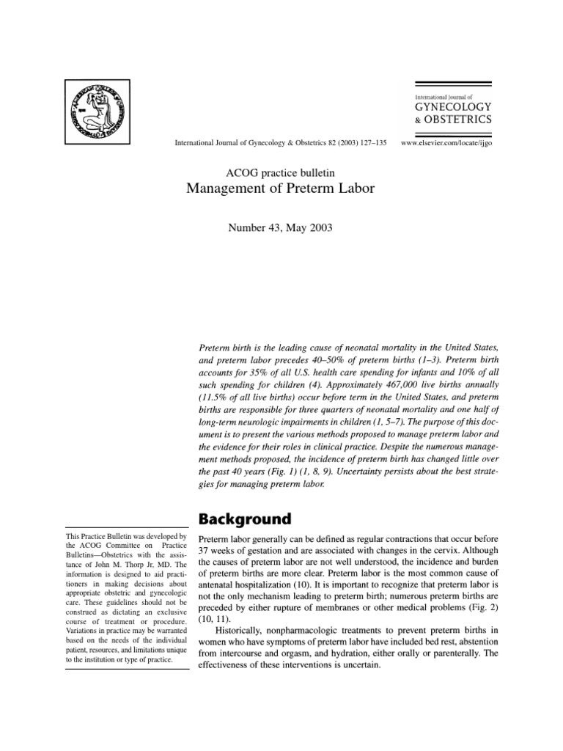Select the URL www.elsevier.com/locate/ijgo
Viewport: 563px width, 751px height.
click(x=446, y=143)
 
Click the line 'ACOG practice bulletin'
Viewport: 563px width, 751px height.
click(x=281, y=172)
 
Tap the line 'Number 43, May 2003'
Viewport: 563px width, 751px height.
click(x=281, y=228)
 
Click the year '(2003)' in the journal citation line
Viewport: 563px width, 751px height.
click(x=338, y=143)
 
